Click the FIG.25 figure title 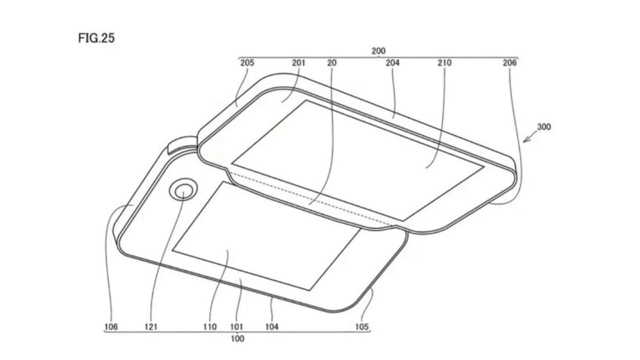96,38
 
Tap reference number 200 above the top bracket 378,51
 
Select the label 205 247,62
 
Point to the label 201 298,62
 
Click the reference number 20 332,62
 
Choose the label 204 392,62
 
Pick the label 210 444,62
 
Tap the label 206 510,62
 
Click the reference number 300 544,126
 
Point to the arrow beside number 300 530,136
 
